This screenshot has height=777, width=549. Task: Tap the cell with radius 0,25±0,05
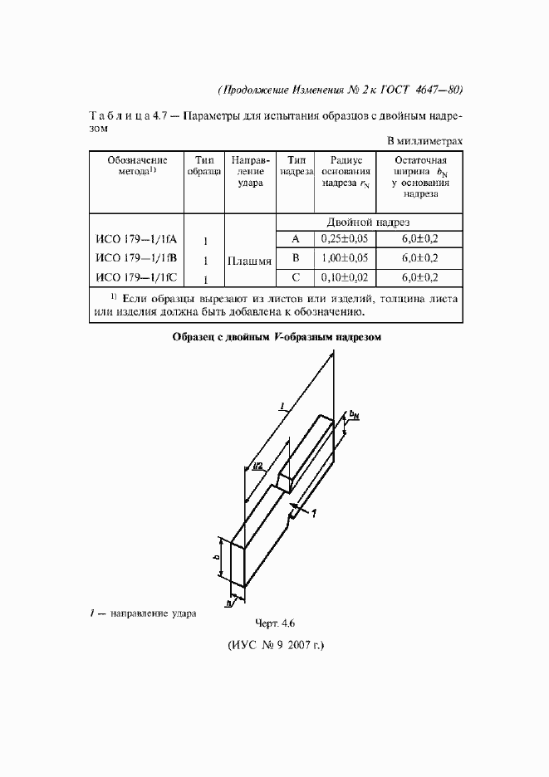(344, 239)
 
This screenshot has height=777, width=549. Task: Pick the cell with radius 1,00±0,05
(344, 258)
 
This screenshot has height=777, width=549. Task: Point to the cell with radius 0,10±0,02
(344, 277)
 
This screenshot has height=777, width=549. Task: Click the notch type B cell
(295, 258)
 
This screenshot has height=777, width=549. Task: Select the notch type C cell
(295, 277)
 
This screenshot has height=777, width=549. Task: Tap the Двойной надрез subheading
(368, 222)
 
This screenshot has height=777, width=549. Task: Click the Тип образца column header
(203, 166)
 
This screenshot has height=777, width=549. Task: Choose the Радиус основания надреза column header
(344, 172)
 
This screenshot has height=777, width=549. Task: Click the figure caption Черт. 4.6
(273, 623)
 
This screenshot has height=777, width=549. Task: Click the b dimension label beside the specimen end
(217, 558)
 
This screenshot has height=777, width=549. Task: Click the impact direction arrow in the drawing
(301, 508)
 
